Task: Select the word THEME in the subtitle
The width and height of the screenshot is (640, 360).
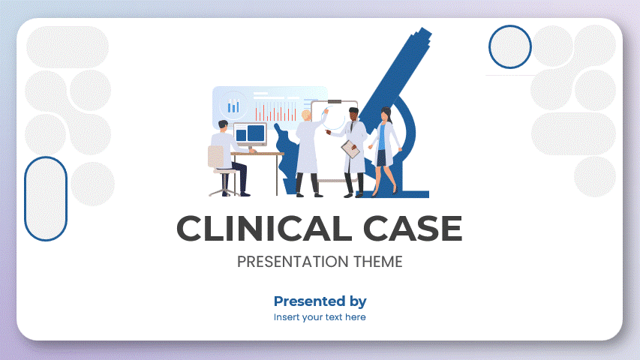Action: click(377, 262)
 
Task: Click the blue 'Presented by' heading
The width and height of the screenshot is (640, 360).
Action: click(320, 301)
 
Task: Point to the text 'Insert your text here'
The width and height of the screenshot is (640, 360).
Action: click(320, 317)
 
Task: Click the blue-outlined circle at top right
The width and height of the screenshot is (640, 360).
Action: click(510, 46)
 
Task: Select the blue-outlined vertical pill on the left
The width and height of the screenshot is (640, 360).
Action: click(47, 199)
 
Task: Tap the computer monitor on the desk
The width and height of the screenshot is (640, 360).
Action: click(250, 134)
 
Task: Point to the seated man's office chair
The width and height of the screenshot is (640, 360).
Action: click(219, 169)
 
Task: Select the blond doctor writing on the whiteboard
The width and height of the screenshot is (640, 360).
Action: click(308, 150)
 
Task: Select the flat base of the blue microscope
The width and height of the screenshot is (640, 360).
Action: click(405, 193)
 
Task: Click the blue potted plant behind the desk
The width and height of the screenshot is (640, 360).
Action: click(286, 161)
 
